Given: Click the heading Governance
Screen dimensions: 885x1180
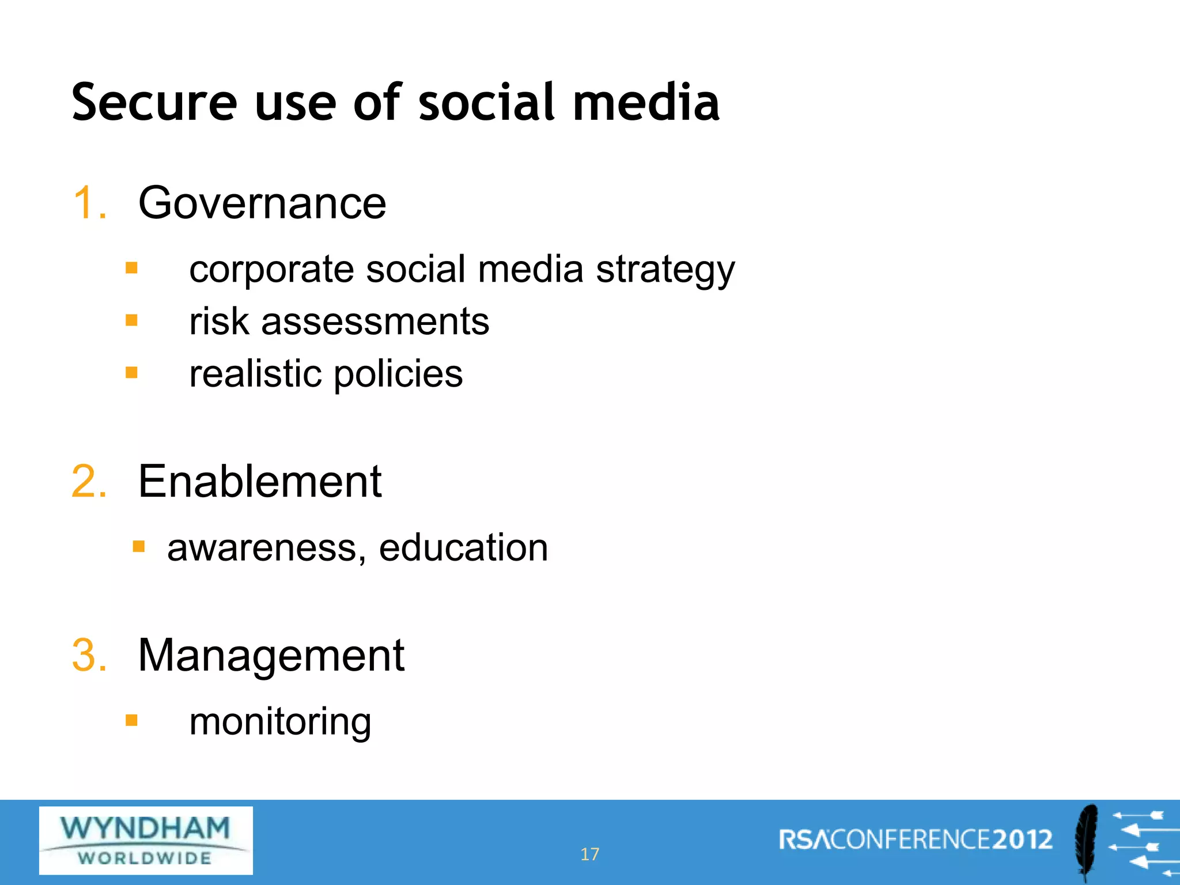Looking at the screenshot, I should pos(262,203).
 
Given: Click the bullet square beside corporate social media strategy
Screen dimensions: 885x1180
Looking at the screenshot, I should pos(132,268).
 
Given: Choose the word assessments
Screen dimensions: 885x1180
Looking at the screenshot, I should pos(375,322).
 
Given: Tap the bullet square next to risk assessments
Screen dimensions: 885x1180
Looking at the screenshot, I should pos(132,320).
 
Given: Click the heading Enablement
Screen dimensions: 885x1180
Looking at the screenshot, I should pos(260,481).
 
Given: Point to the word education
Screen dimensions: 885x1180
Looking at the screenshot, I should pos(463,547).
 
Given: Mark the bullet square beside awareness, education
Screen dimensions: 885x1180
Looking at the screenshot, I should pos(139,546).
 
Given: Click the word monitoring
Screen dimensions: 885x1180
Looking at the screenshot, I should pos(280,722).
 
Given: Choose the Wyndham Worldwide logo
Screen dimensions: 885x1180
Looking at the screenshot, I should pos(146,841).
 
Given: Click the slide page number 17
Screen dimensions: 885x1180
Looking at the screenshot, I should pos(589,854).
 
